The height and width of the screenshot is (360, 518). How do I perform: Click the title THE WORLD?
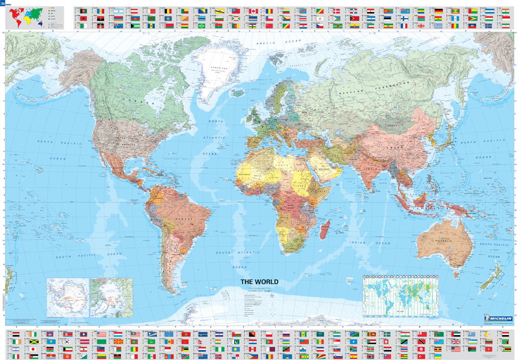pos(259,282)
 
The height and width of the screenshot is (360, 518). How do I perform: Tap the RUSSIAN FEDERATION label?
pos(382,86)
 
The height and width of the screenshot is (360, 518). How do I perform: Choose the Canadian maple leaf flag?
pos(253,11)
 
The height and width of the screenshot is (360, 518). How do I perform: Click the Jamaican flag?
pos(34,342)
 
